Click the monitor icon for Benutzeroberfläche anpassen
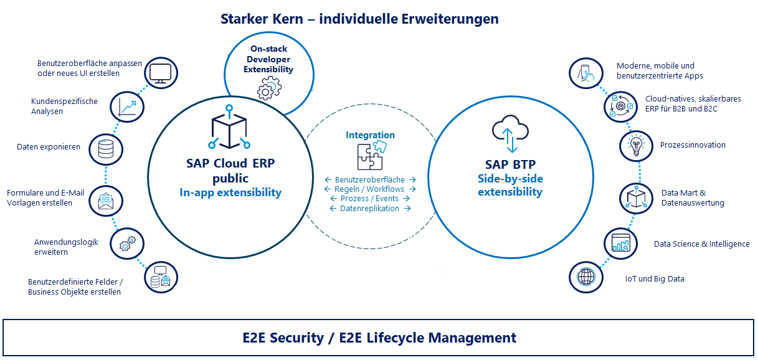160,73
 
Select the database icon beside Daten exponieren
105,148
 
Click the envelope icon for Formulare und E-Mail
105,201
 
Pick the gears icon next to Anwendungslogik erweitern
125,244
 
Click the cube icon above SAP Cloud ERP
230,130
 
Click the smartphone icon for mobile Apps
586,73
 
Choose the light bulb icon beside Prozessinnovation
636,146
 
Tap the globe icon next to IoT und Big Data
586,276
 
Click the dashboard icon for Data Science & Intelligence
620,243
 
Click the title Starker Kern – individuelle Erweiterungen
359,19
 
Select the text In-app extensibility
230,192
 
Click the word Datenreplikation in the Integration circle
370,209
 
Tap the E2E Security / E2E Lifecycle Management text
379,338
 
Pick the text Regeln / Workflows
370,189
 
